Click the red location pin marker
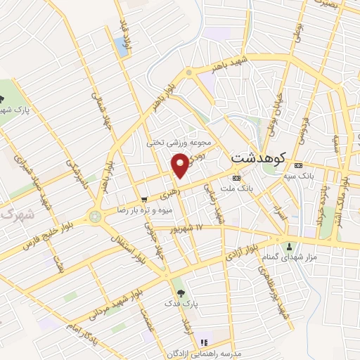point(181,166)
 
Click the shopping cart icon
point(144,199)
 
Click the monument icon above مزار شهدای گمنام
point(290,247)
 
